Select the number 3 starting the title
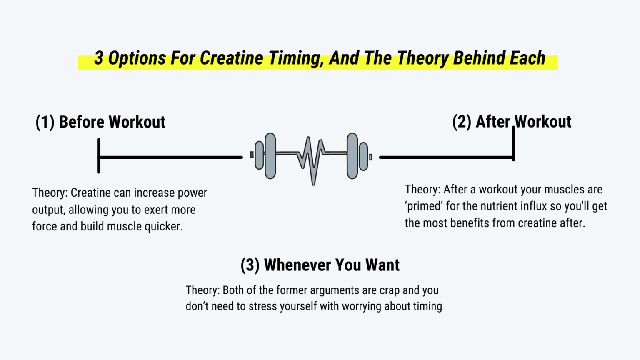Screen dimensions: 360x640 pos(98,58)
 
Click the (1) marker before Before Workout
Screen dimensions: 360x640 pos(45,122)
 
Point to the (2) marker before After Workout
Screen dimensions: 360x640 pos(462,122)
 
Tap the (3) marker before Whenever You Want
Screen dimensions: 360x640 pos(250,265)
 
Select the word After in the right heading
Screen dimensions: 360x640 pos(493,122)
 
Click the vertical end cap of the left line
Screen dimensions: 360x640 pos(99,155)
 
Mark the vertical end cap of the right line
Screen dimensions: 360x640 pos(514,144)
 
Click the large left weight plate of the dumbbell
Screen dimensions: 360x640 pos(270,156)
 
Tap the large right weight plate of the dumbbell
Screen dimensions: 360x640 pos(352,156)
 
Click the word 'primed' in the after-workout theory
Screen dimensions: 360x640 pos(424,206)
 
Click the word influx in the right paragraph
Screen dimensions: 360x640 pos(533,206)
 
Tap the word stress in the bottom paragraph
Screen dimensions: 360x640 pos(263,306)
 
